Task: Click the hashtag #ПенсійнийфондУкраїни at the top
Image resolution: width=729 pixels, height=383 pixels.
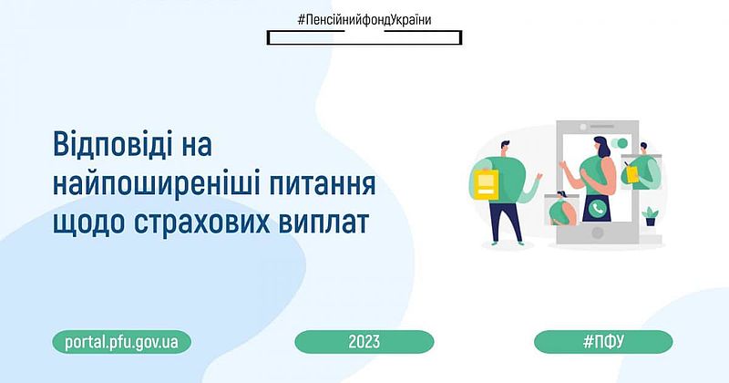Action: tap(364, 20)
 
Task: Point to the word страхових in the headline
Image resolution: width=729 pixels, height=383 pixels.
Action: tap(201, 223)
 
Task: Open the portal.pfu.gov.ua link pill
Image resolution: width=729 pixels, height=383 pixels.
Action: tap(121, 342)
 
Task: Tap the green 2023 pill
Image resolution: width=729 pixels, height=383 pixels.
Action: tap(364, 342)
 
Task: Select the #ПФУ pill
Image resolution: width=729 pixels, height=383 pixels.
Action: tap(603, 342)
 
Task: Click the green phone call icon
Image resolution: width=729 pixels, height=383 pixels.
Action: tap(597, 208)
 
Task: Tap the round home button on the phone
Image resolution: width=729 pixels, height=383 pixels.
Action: tap(598, 233)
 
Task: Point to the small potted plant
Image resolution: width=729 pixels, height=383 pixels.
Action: tap(650, 217)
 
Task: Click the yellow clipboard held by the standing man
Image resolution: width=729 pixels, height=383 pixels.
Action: tap(487, 184)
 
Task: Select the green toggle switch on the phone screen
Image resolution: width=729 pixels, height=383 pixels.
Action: tap(619, 142)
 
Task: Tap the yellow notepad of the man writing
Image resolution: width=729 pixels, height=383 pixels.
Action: tap(631, 173)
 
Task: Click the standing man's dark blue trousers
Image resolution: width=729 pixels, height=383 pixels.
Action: tap(505, 220)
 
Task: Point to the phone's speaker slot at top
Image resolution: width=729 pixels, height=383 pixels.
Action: tap(601, 127)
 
